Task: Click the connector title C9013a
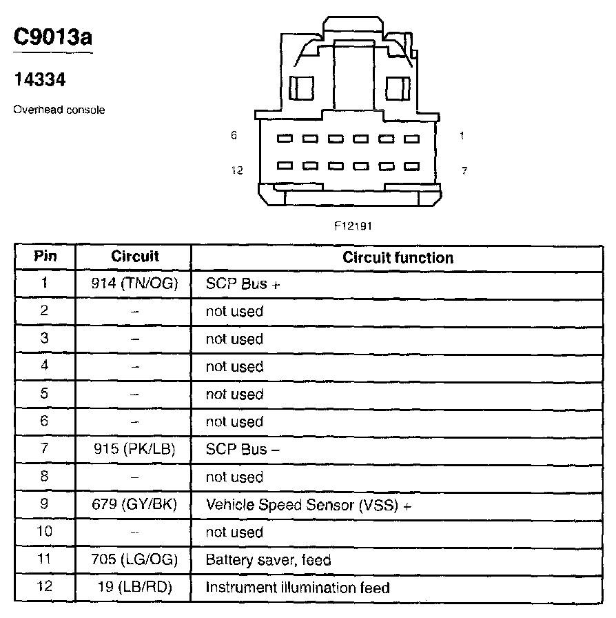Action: (53, 38)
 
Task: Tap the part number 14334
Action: (40, 80)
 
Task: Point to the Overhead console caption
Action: (59, 110)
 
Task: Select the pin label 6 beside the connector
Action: (234, 136)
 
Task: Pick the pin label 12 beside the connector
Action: (237, 170)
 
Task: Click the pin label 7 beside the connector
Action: (464, 170)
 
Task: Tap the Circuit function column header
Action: (398, 258)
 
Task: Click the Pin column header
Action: (45, 257)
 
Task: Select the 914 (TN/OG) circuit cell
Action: (135, 283)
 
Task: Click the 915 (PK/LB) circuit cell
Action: (135, 449)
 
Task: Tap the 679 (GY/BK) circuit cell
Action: (135, 504)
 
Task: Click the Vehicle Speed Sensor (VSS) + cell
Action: (308, 505)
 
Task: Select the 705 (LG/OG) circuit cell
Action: (135, 559)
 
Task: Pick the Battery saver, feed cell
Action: (268, 560)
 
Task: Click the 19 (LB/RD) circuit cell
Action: (135, 587)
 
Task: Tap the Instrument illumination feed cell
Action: (298, 588)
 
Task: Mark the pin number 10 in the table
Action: (45, 532)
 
